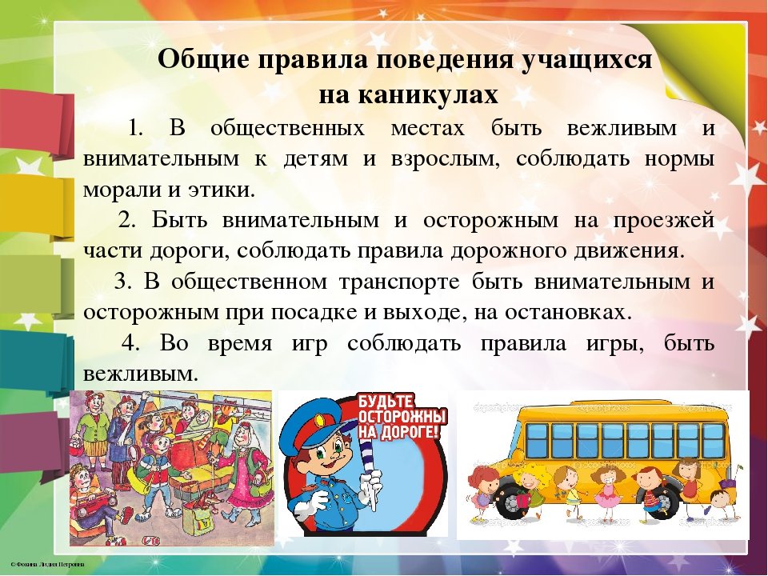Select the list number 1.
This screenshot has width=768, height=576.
point(135,128)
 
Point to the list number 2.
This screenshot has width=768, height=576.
point(126,220)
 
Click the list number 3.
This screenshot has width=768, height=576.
point(122,282)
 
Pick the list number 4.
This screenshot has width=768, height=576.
point(130,343)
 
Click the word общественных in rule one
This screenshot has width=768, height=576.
point(287,128)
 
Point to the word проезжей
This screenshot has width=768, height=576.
point(663,221)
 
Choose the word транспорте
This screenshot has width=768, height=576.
point(399,282)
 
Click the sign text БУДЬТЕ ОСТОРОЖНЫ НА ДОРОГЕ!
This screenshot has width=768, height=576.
point(402,417)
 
